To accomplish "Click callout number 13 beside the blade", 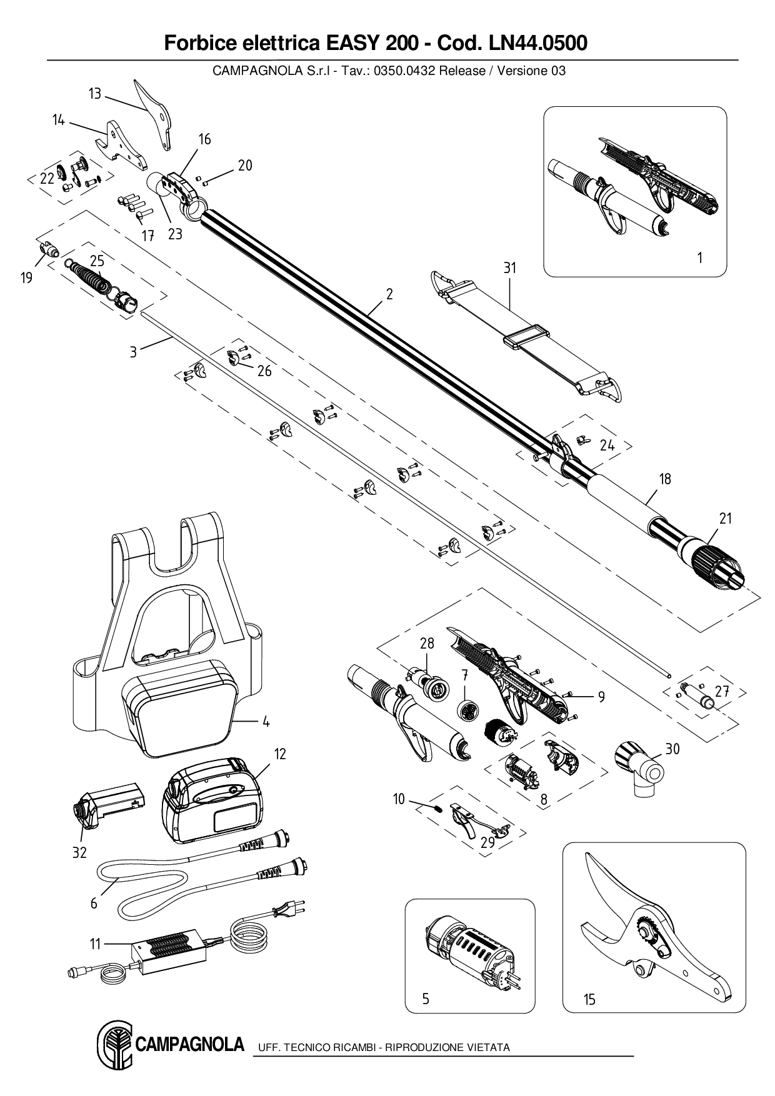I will point(94,94).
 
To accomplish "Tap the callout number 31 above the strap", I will point(510,267).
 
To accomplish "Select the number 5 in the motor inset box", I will point(426,999).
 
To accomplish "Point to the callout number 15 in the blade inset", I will point(589,1000).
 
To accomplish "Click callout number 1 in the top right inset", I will point(699,257).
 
